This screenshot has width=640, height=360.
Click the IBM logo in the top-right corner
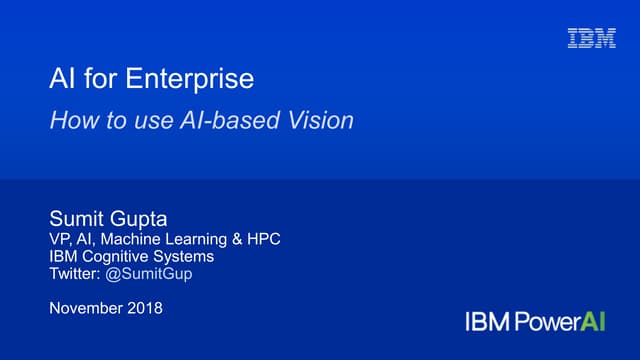click(592, 39)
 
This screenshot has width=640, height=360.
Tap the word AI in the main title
click(62, 79)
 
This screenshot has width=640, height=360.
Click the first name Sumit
click(77, 219)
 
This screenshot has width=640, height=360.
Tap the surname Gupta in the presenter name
click(140, 219)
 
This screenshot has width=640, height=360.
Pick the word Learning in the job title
click(199, 239)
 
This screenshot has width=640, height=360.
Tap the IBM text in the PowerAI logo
click(487, 323)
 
